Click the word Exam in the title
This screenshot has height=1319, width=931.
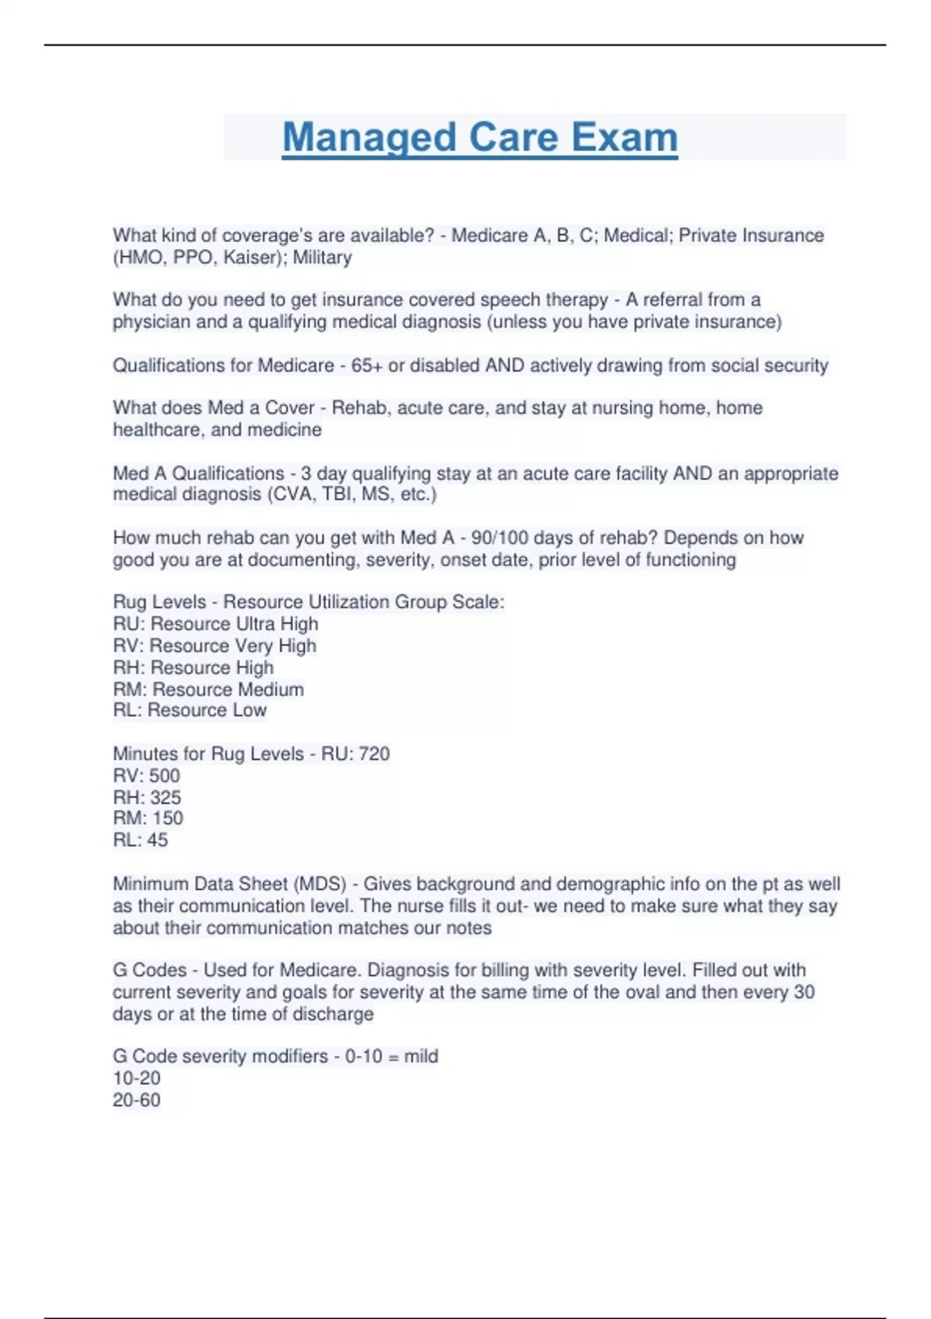pos(625,137)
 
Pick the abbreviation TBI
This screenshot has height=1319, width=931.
pos(337,494)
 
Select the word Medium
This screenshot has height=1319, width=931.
pos(270,689)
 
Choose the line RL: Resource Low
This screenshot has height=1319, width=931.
pos(189,710)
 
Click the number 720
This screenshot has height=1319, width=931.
pos(374,753)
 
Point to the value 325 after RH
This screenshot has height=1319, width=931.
pos(165,797)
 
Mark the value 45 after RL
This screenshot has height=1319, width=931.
pos(157,840)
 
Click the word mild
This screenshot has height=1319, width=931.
pos(421,1056)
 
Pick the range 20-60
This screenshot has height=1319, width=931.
pos(137,1099)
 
